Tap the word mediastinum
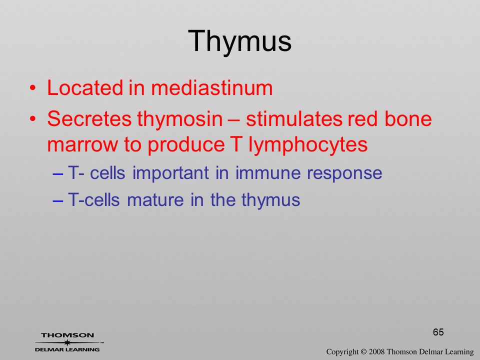pyautogui.click(x=212, y=88)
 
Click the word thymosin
pyautogui.click(x=180, y=119)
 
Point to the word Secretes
pyautogui.click(x=89, y=119)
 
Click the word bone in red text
pyautogui.click(x=408, y=119)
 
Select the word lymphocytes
pyautogui.click(x=308, y=144)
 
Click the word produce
pyautogui.click(x=186, y=144)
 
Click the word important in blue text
pyautogui.click(x=171, y=173)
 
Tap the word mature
pyautogui.click(x=155, y=200)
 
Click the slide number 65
pyautogui.click(x=438, y=332)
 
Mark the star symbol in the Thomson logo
pyautogui.click(x=67, y=342)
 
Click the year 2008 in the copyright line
pyautogui.click(x=376, y=352)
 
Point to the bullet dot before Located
pyautogui.click(x=33, y=88)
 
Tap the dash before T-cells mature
pyautogui.click(x=58, y=201)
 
